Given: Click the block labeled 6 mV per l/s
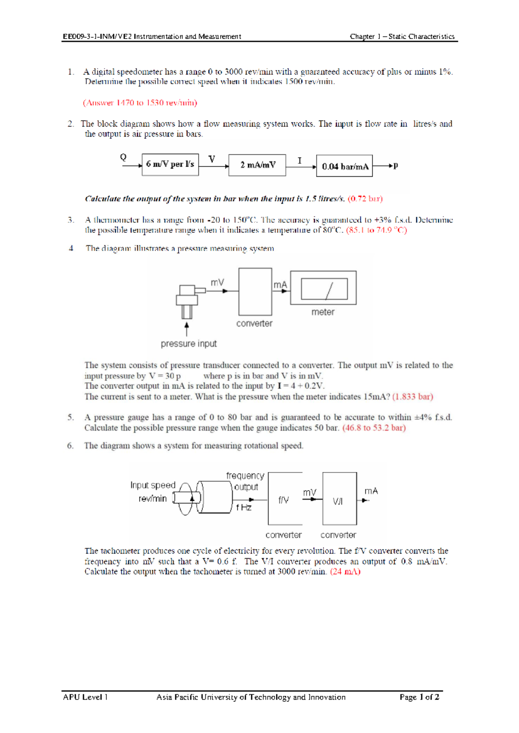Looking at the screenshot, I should pyautogui.click(x=170, y=165).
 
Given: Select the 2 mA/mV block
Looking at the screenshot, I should pyautogui.click(x=257, y=165).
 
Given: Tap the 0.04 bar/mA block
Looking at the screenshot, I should pyautogui.click(x=344, y=166).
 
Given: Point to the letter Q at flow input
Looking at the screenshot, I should pyautogui.click(x=123, y=157).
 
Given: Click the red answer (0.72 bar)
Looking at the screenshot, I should pyautogui.click(x=365, y=199).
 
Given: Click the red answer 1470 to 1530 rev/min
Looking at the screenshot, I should pyautogui.click(x=140, y=103).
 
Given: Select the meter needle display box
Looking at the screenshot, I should pyautogui.click(x=324, y=289).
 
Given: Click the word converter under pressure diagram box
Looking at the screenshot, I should pyautogui.click(x=254, y=323).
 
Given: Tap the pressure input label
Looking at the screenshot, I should pyautogui.click(x=189, y=344).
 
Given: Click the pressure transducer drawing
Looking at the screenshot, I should pyautogui.click(x=188, y=300).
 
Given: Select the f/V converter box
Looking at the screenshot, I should pyautogui.click(x=285, y=498).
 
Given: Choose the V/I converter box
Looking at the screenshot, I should pyautogui.click(x=340, y=498).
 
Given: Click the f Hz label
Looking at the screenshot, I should pyautogui.click(x=243, y=508).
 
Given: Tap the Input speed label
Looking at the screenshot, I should pyautogui.click(x=153, y=485).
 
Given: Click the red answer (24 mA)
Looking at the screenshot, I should pyautogui.click(x=345, y=572).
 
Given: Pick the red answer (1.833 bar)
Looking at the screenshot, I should pyautogui.click(x=413, y=397).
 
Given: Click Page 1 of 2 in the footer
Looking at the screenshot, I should pyautogui.click(x=419, y=697).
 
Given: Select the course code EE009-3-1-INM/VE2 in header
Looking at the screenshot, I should pyautogui.click(x=97, y=37).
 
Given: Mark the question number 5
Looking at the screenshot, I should pyautogui.click(x=70, y=417).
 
